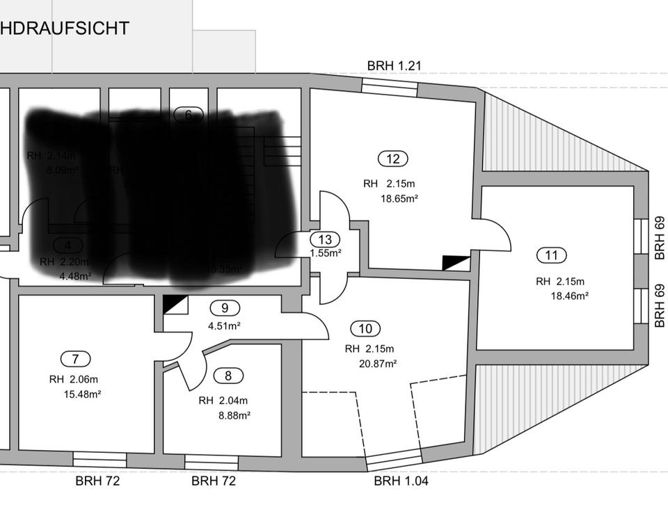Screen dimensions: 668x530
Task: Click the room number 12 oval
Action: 393,159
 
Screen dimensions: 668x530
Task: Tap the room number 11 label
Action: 552,255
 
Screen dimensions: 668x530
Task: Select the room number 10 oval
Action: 365,329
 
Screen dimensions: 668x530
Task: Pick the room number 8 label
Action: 228,376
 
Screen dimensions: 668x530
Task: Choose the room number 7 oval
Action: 76,359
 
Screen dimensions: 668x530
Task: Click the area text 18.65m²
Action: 399,198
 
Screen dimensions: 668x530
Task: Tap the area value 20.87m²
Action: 378,363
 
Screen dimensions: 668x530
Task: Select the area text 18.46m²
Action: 569,296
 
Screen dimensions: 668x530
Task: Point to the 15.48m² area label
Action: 82,394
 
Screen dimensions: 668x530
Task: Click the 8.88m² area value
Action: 234,415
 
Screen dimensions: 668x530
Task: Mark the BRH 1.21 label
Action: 395,66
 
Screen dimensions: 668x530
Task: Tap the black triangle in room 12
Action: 456,263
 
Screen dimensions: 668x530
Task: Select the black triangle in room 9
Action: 175,304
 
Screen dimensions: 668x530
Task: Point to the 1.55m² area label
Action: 326,254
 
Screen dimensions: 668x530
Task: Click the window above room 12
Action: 390,86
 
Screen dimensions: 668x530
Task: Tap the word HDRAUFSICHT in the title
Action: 65,29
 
